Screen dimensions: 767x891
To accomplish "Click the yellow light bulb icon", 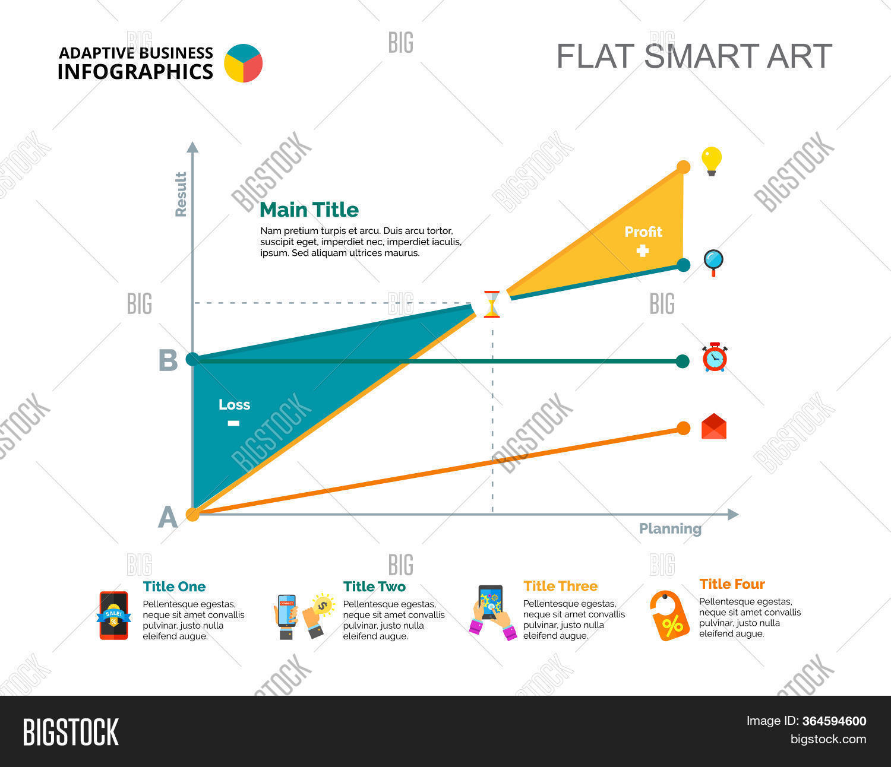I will (x=711, y=161).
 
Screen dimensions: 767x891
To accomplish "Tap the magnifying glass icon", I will (x=713, y=262).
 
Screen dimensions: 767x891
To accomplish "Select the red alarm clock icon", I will (x=715, y=357).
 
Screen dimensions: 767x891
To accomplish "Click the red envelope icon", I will (x=714, y=427).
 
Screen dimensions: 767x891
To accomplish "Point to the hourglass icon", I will (x=492, y=304).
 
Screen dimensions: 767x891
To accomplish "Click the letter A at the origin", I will (x=168, y=518).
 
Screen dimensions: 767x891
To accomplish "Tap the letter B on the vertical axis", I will (x=168, y=361).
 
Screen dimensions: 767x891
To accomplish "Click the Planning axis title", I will (x=670, y=528).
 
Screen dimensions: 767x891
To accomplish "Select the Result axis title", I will (x=181, y=194).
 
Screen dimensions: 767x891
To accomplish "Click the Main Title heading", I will (x=309, y=210).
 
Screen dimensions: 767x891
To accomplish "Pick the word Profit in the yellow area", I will (x=643, y=232).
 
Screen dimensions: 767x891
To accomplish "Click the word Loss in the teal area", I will (x=234, y=405).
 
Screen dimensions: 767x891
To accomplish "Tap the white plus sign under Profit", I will (x=643, y=251).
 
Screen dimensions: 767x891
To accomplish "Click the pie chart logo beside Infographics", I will (x=244, y=63).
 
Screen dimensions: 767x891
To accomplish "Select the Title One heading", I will (x=174, y=587).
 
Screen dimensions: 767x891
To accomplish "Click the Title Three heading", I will (x=560, y=587).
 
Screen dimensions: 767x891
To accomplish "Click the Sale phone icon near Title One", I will (x=113, y=616).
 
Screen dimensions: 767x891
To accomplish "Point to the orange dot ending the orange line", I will (x=684, y=428).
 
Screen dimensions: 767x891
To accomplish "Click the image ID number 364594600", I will (x=834, y=721).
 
